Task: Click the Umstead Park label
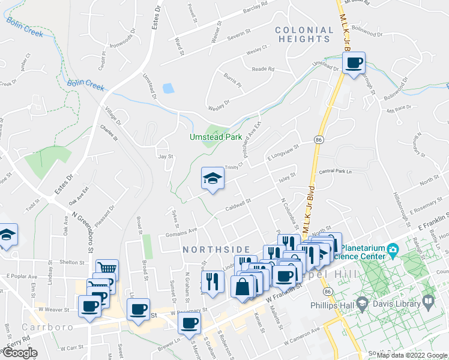tap(215, 137)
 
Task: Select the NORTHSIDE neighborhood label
tap(216, 249)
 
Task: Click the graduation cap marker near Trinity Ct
tap(212, 178)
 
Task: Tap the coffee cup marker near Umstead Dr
tap(354, 62)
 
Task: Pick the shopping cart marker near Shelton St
tap(107, 269)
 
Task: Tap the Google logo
tap(20, 353)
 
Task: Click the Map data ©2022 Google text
tap(411, 355)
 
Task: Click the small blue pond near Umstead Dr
tap(168, 88)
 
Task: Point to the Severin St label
tap(238, 35)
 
